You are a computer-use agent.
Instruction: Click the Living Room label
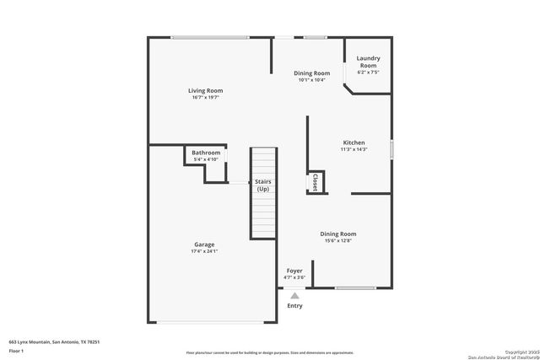[x=205, y=90]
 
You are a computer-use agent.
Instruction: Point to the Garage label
[x=205, y=244]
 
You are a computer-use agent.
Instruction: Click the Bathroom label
[x=206, y=153]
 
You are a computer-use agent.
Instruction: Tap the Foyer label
[x=294, y=271]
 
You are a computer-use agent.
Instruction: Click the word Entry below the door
[x=294, y=306]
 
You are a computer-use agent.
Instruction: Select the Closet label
[x=315, y=183]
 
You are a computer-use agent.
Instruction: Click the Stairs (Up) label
[x=263, y=185]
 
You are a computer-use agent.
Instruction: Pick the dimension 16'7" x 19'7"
[x=205, y=98]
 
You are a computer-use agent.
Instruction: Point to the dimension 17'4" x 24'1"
[x=205, y=251]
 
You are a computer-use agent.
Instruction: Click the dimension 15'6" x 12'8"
[x=337, y=241]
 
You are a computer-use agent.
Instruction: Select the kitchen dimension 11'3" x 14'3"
[x=354, y=149]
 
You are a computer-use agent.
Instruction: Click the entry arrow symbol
[x=294, y=296]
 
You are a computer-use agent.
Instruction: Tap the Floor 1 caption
[x=16, y=350]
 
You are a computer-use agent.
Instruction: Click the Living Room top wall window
[x=209, y=37]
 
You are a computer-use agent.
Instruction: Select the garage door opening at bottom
[x=213, y=322]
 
